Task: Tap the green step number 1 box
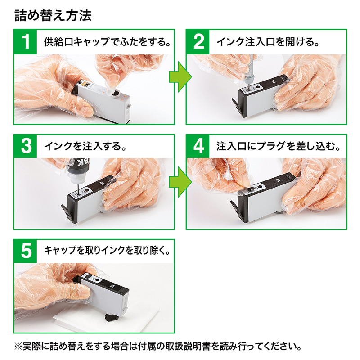26,42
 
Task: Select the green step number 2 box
198,42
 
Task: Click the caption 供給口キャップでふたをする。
107,43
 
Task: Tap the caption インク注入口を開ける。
268,43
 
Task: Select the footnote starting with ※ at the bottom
157,347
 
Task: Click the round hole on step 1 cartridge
116,94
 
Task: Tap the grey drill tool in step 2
251,72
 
